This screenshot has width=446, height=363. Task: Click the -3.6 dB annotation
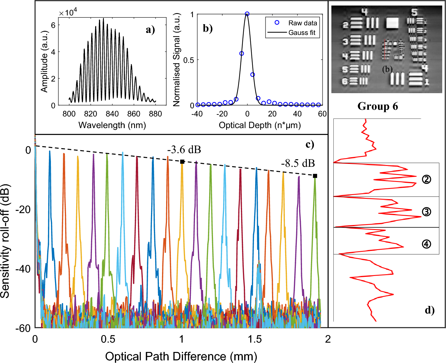pyautogui.click(x=184, y=150)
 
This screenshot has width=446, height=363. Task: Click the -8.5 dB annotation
pyautogui.click(x=298, y=163)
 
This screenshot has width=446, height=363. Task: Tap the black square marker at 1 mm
pyautogui.click(x=182, y=162)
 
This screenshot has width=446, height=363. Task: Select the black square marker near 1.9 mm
pyautogui.click(x=315, y=176)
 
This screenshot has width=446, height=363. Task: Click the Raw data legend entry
pyautogui.click(x=302, y=23)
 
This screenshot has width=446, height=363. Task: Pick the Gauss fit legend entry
pyautogui.click(x=302, y=33)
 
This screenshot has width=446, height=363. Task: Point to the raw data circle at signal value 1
pyautogui.click(x=247, y=14)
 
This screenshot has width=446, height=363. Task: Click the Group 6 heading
pyautogui.click(x=377, y=106)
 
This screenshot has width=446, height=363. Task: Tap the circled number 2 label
pyautogui.click(x=426, y=179)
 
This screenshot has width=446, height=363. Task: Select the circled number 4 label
pyautogui.click(x=426, y=244)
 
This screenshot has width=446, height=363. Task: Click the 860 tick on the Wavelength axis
pyautogui.click(x=134, y=114)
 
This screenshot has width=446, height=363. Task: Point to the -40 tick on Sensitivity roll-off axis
pyautogui.click(x=23, y=269)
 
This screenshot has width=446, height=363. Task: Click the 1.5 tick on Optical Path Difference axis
pyautogui.click(x=255, y=339)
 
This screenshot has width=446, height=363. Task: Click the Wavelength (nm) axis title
pyautogui.click(x=112, y=125)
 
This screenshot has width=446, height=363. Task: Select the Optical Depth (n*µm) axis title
pyautogui.click(x=260, y=125)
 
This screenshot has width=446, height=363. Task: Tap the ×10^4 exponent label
pyautogui.click(x=68, y=13)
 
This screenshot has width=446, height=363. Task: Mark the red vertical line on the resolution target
pyautogui.click(x=385, y=49)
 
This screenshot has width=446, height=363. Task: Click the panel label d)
pyautogui.click(x=429, y=310)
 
